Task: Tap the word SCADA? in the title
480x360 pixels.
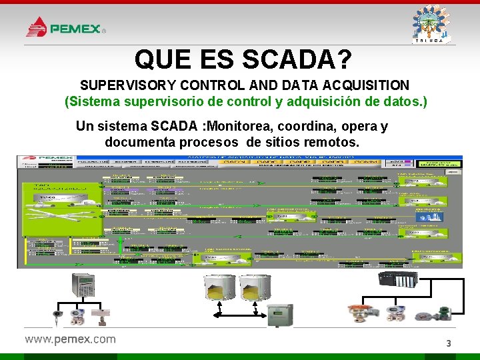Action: tap(297, 60)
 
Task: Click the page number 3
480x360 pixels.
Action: tap(449, 343)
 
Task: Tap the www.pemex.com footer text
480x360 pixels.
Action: tap(70, 339)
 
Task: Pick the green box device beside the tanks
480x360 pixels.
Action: tap(279, 315)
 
